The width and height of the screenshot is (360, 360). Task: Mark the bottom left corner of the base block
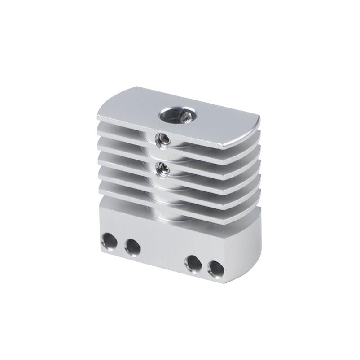tap(97, 248)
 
